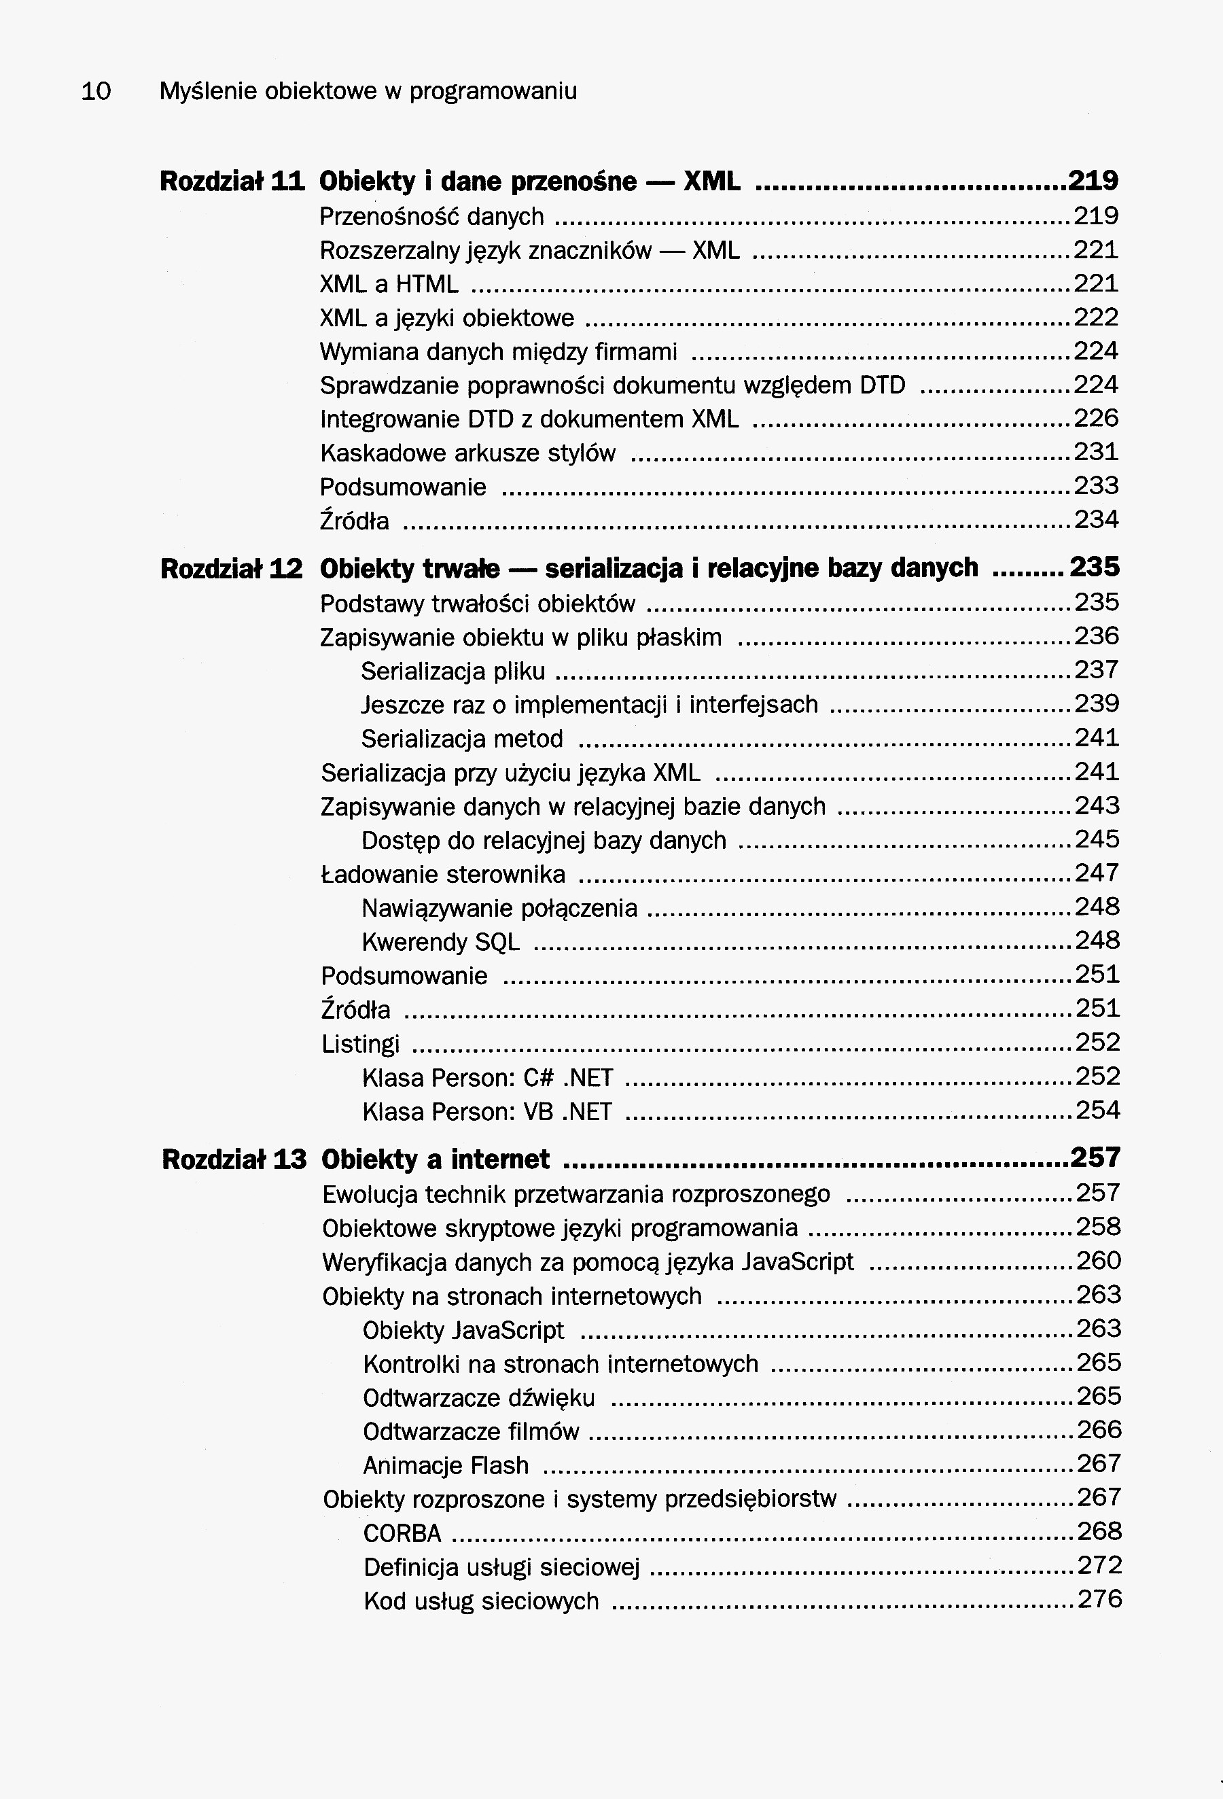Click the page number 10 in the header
[x=96, y=91]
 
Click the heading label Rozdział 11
[x=232, y=181]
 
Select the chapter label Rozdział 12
[x=232, y=569]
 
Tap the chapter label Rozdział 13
[x=234, y=1159]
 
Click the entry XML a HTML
[x=389, y=284]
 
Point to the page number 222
[x=1096, y=317]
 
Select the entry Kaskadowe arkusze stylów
[x=467, y=452]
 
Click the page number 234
[x=1096, y=519]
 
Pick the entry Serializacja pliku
[x=453, y=670]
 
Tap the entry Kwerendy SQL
[x=440, y=941]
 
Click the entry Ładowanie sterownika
[x=443, y=874]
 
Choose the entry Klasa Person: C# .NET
[x=488, y=1077]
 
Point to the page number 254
[x=1097, y=1110]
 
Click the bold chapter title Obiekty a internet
[x=435, y=1159]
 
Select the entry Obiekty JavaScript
[x=463, y=1330]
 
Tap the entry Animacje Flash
[x=446, y=1465]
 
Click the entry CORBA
[x=402, y=1533]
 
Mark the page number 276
[x=1099, y=1599]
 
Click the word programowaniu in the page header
[x=493, y=91]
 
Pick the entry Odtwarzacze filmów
[x=471, y=1431]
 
